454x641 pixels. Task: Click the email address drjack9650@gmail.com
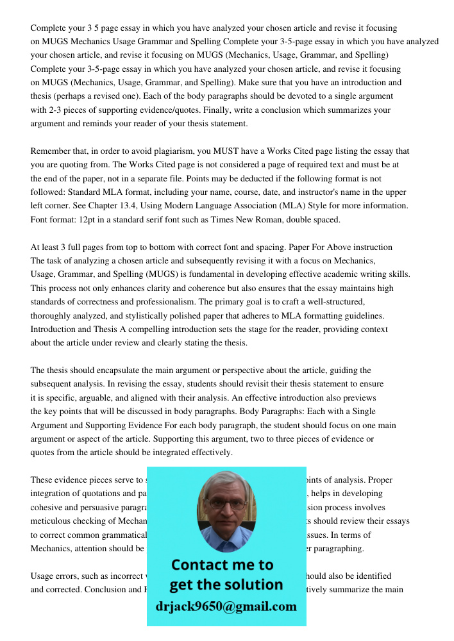[x=226, y=606]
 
